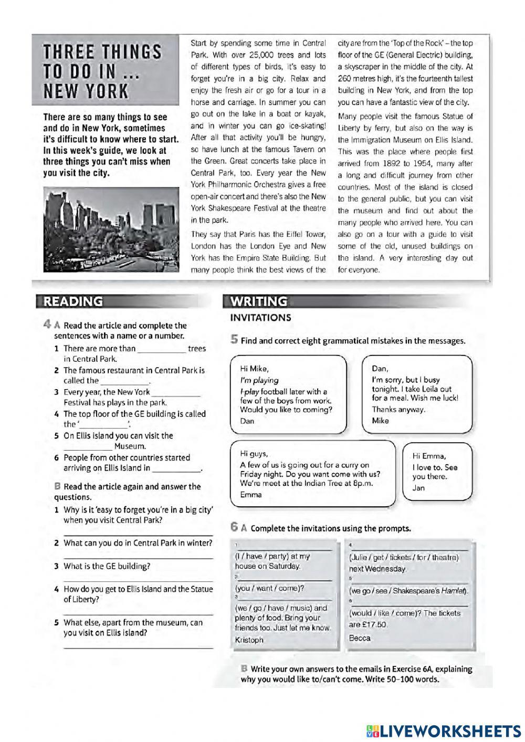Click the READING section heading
pos(73,301)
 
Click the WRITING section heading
pos(259,301)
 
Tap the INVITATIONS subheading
pos(260,318)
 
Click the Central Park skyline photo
pos(112,230)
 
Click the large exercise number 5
pos(234,340)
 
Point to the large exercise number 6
pos(234,527)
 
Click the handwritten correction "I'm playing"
pos(259,380)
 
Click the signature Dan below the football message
pos(247,421)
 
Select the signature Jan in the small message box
pos(418,488)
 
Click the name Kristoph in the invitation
pos(249,640)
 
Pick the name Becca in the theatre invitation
pos(360,638)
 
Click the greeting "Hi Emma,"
pos(429,456)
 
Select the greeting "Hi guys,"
pos(254,454)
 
